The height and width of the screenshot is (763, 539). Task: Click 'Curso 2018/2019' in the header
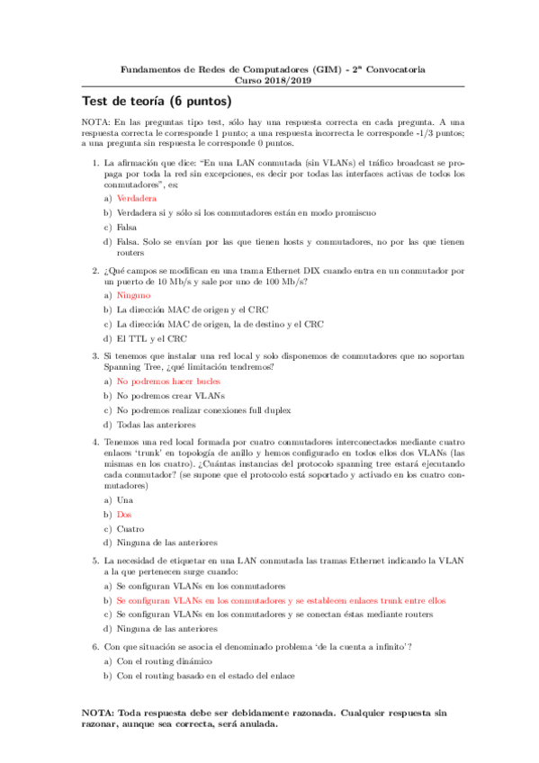(269, 79)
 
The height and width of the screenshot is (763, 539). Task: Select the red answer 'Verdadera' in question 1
(137, 198)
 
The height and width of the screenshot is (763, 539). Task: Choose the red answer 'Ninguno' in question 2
(134, 295)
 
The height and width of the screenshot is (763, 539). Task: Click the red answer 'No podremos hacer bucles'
(168, 381)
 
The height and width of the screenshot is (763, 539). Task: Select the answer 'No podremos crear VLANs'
(168, 396)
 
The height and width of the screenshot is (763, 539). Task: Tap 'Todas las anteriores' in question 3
(161, 425)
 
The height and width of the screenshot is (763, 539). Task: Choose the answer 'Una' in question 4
(125, 499)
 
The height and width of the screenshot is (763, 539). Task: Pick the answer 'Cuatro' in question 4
(130, 528)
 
